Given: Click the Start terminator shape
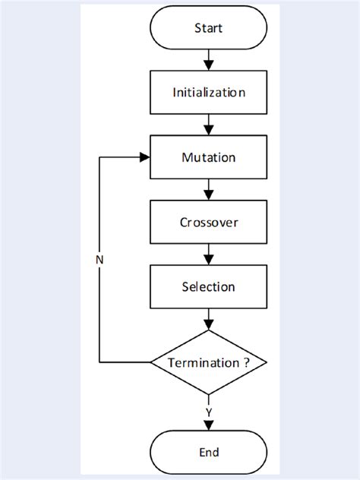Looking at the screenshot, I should point(209,27).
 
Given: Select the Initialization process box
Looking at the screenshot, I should point(209,93).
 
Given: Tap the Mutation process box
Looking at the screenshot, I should point(209,158).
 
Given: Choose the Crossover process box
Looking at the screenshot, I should point(209,223).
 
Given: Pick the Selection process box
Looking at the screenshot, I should point(209,287).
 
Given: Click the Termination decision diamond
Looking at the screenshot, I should point(209,362).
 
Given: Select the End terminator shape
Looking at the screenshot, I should point(209,452).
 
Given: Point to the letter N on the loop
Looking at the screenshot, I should point(99,260).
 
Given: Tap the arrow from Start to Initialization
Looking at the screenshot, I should point(209,60).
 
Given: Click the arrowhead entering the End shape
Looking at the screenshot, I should point(209,428).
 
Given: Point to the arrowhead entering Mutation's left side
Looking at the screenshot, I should point(144,158).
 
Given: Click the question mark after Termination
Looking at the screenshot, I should point(248,363).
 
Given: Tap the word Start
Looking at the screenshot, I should point(209,27).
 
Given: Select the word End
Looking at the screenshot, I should point(209,452).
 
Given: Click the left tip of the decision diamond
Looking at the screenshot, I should point(150,362).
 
